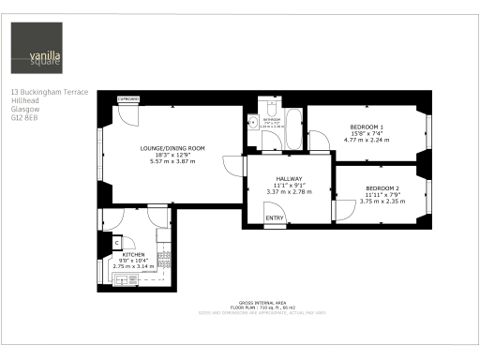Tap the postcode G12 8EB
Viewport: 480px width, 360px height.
[23, 119]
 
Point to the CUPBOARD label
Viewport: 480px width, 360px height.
[127, 98]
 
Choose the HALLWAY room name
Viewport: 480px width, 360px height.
[288, 178]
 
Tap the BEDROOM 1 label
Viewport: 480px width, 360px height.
[367, 127]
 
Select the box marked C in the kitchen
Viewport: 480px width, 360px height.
[117, 242]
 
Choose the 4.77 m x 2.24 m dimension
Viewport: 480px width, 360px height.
[367, 140]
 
